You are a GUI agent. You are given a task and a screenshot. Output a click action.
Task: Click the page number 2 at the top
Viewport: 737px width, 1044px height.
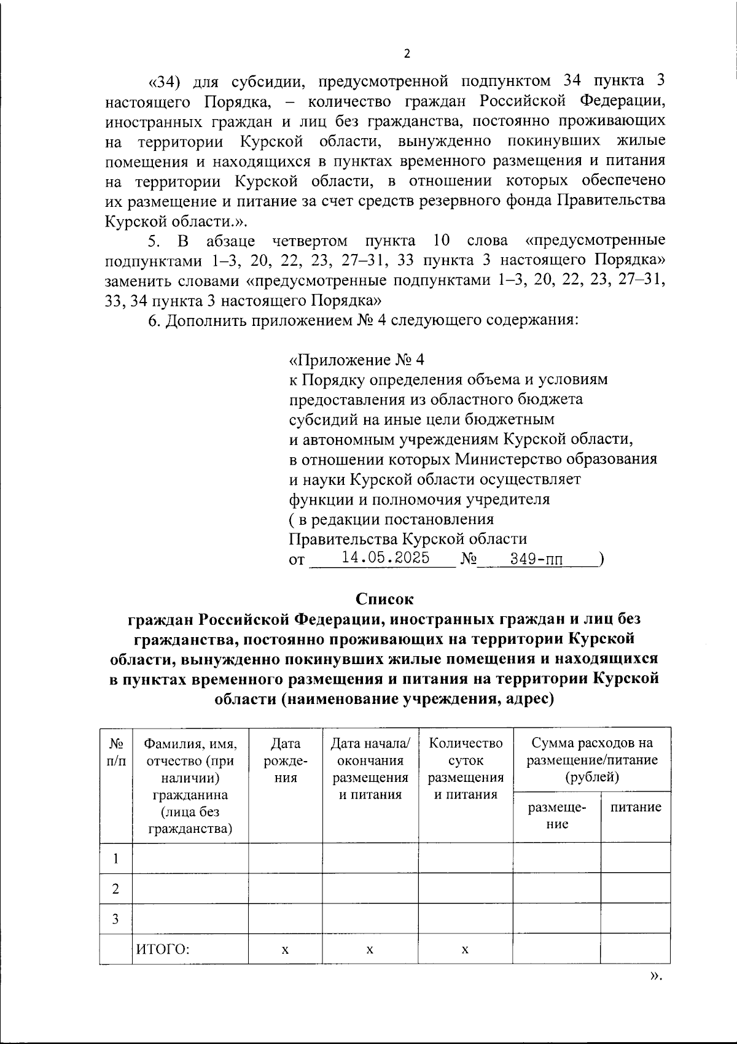click(x=406, y=54)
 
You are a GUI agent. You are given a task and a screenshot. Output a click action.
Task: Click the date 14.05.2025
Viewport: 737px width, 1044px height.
click(x=385, y=557)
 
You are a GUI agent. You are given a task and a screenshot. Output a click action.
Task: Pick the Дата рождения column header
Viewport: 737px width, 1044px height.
click(x=285, y=760)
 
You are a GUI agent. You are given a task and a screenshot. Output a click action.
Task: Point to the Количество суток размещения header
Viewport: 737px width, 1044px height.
click(x=466, y=769)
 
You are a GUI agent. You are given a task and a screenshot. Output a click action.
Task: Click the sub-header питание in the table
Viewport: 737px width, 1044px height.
click(x=636, y=807)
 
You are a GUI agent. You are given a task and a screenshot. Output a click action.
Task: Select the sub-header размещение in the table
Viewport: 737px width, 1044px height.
click(x=556, y=815)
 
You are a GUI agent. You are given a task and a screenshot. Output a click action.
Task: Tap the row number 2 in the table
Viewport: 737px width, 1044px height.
click(x=115, y=889)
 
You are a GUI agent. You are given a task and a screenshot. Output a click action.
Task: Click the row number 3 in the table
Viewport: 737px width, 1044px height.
click(x=115, y=919)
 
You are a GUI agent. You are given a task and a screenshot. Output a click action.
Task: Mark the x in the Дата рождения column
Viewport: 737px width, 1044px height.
click(x=285, y=950)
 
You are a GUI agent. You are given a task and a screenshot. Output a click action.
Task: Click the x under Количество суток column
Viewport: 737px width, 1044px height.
click(x=466, y=950)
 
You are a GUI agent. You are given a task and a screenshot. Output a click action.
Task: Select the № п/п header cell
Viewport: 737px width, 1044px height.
click(x=115, y=752)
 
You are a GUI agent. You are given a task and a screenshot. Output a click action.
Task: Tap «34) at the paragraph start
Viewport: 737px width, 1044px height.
click(x=165, y=82)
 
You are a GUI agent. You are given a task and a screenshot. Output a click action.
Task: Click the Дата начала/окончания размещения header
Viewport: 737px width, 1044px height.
click(x=370, y=769)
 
